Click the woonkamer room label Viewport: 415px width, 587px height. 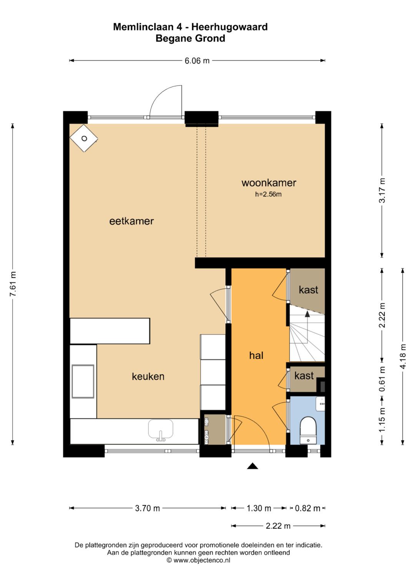(269, 183)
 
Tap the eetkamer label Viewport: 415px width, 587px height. (131, 221)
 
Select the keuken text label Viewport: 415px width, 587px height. (148, 377)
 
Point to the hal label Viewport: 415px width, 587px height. (256, 356)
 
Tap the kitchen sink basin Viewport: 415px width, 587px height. (161, 429)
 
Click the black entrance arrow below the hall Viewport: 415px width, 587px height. (252, 466)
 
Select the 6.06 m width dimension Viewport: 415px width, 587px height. (197, 61)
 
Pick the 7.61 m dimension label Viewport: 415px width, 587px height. (13, 284)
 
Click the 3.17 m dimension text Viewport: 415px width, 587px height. (382, 190)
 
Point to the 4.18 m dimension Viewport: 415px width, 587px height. (403, 356)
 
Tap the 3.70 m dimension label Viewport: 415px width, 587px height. (147, 508)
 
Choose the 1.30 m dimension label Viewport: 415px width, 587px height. (259, 508)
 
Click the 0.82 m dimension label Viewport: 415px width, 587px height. (307, 508)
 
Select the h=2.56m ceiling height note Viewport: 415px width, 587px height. (268, 194)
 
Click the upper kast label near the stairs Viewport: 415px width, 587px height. (308, 290)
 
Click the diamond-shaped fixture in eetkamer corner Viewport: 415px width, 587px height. (84, 138)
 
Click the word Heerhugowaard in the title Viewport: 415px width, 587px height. (229, 27)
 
